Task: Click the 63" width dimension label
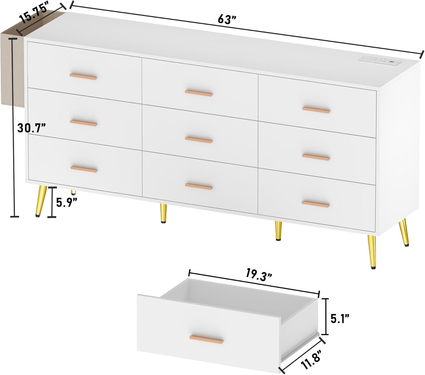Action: click(227, 20)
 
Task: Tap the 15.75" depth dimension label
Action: click(33, 14)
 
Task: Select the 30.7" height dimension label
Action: click(31, 128)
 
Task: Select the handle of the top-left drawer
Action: click(83, 76)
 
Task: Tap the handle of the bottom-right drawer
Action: click(316, 203)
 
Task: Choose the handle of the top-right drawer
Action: click(316, 110)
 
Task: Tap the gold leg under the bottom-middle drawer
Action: click(163, 213)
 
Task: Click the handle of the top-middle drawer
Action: click(199, 93)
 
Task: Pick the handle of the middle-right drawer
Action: click(316, 157)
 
